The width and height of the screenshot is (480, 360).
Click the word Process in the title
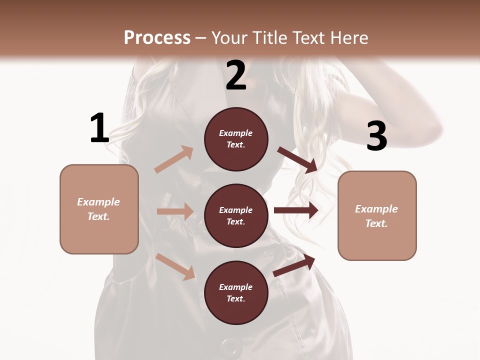tap(157, 37)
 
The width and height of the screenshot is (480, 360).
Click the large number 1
tap(99, 128)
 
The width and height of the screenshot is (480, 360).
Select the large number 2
tap(236, 75)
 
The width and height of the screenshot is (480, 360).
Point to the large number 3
tap(376, 136)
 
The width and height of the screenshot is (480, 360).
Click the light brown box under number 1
tap(99, 209)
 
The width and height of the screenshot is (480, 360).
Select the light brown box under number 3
tap(377, 216)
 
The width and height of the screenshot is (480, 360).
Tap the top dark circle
tap(236, 139)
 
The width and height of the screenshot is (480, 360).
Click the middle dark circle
tap(236, 216)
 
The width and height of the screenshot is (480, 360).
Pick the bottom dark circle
tap(236, 293)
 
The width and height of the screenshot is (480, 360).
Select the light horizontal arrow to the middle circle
tap(175, 211)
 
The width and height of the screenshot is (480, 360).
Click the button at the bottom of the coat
tap(231, 348)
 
